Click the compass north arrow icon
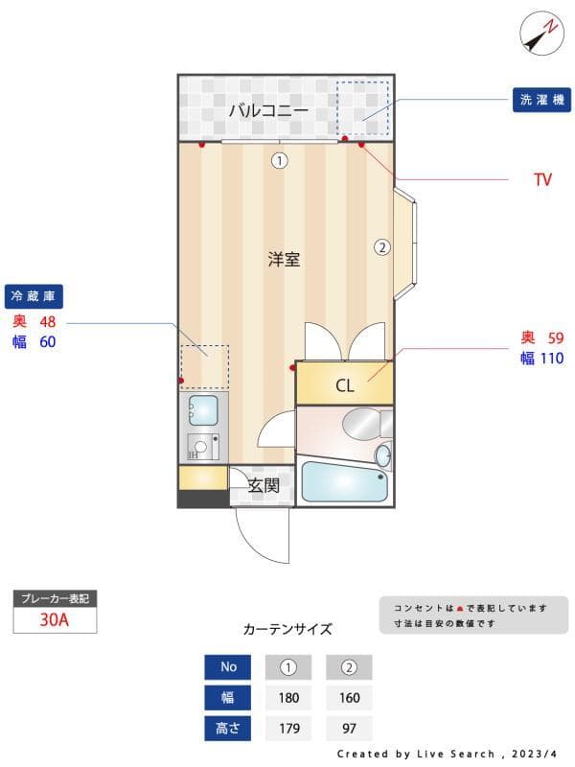click(540, 34)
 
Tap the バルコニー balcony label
click(268, 110)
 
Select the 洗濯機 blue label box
click(542, 100)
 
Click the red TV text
click(542, 179)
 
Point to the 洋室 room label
click(284, 259)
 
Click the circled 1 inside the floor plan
click(279, 161)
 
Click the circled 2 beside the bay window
click(381, 246)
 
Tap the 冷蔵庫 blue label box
click(34, 295)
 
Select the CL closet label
click(344, 386)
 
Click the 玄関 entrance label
click(264, 486)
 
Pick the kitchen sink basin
click(203, 410)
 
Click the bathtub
click(344, 482)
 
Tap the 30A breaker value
click(55, 619)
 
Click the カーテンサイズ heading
click(287, 630)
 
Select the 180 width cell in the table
click(288, 698)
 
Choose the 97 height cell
click(349, 729)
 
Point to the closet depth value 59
click(556, 337)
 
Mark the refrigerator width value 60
click(48, 341)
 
